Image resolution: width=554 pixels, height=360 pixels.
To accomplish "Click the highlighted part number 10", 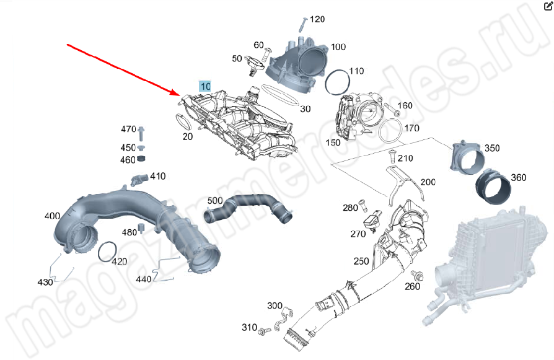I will tap(205, 86).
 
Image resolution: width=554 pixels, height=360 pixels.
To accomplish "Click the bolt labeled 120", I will tap(301, 24).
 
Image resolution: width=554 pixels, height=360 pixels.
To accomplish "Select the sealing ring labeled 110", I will tap(336, 82).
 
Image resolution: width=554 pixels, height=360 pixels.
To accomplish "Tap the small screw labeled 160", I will tap(392, 112).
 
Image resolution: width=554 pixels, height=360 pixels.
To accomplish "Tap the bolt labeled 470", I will tap(141, 132).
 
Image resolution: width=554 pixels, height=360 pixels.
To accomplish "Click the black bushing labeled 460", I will tap(141, 160).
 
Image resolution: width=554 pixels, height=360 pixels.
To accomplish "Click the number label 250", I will tap(361, 261).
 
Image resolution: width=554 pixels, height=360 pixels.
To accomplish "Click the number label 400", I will tap(52, 216).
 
